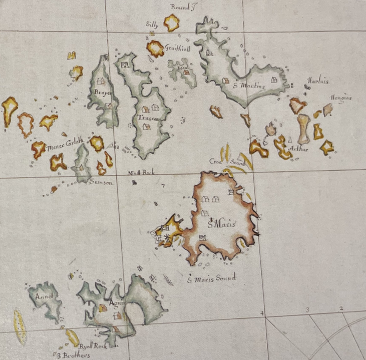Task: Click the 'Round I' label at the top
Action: pos(179,7)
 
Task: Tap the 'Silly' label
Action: pos(152,24)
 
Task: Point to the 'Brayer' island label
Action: pos(102,92)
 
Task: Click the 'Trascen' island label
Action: pos(149,118)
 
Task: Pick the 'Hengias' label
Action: pos(340,98)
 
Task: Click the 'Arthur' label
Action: pos(299,148)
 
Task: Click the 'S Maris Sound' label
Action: pos(211,278)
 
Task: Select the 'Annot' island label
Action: pos(44,296)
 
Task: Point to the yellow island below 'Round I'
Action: pos(172,22)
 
